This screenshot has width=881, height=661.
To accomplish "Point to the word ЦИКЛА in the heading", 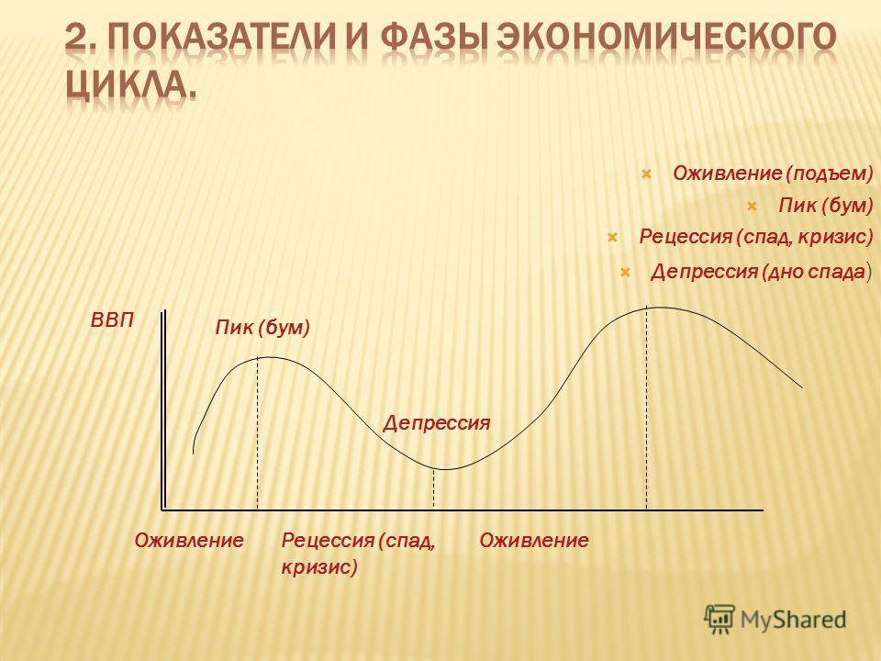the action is pos(126,88).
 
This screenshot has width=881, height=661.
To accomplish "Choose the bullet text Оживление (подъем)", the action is pos(773,174).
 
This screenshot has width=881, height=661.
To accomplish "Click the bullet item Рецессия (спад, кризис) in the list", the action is pos(756,237).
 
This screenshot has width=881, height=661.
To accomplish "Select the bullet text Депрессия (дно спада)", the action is pos(762,273).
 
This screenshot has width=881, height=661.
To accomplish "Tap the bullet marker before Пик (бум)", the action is pos(753,207).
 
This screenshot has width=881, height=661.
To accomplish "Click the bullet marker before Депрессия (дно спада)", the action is pos(624,273).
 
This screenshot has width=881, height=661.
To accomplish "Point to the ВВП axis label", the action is pos(112,321).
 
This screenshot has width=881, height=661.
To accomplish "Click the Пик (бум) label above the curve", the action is pos(262,328).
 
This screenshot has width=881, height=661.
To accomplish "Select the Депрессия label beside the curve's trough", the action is pos(437,422).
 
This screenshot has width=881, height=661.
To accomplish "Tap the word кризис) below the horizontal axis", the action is pos(319,566).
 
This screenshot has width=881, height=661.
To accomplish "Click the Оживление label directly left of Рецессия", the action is pos(189,541).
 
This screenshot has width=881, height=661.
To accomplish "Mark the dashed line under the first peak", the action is pos(257,433).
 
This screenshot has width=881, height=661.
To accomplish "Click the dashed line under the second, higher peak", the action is pos(647,408).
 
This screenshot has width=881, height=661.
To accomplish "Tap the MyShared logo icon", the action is pos(719,620).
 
